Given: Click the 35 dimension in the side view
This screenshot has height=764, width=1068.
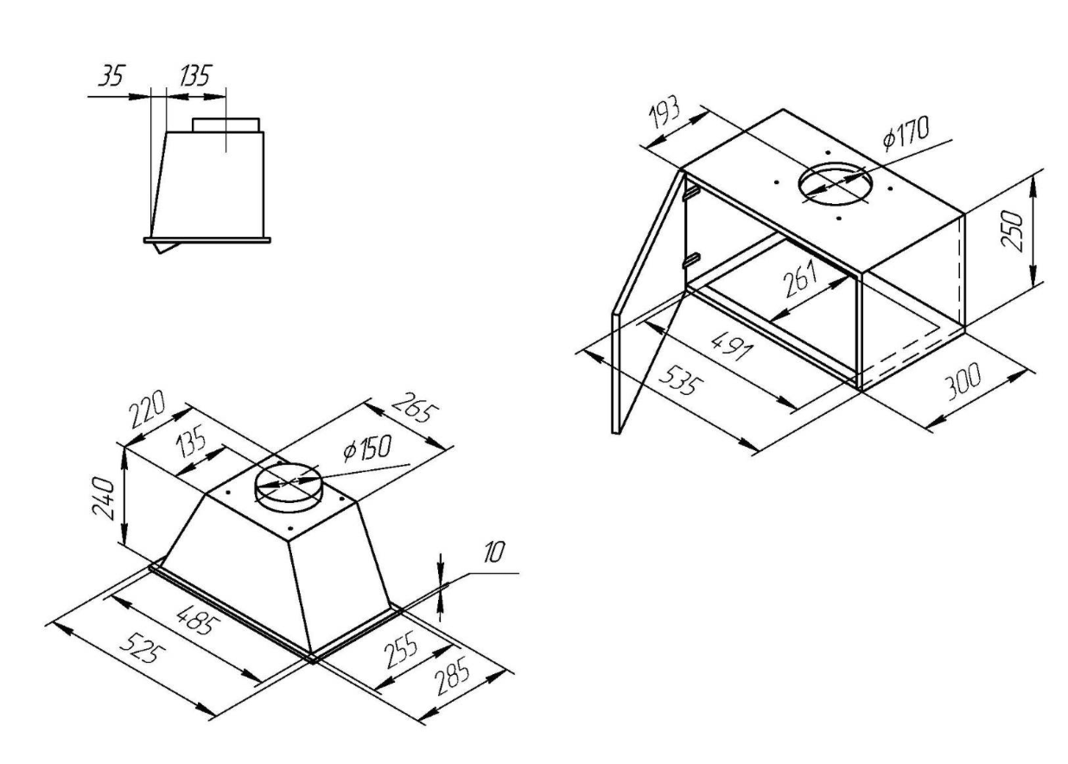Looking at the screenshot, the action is (x=111, y=76).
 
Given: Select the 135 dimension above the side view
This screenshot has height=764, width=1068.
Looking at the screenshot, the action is (x=194, y=75).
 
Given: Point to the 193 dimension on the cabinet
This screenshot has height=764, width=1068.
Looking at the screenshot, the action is (x=664, y=113).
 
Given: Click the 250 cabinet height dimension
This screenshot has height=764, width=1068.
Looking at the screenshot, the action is (x=1012, y=232).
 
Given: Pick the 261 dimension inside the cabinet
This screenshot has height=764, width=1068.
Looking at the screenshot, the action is (x=800, y=279).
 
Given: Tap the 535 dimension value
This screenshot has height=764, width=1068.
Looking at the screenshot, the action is (x=681, y=379).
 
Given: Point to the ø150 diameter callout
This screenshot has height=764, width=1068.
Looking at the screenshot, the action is (x=367, y=449).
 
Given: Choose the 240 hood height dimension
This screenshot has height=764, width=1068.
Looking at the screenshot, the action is (x=104, y=499).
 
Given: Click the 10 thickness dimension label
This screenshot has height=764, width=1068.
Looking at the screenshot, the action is (x=493, y=553).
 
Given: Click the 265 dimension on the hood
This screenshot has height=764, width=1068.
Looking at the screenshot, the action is (x=415, y=407).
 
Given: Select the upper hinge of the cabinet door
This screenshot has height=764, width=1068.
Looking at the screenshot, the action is (x=692, y=193).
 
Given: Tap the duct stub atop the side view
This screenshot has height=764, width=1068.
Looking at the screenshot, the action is (x=226, y=125).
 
